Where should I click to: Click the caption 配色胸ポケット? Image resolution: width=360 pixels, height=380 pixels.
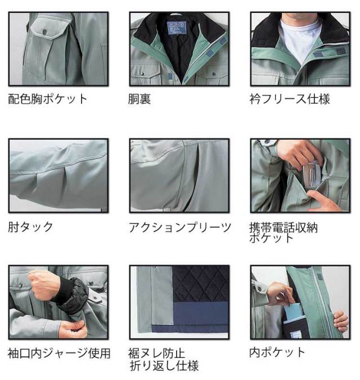47,99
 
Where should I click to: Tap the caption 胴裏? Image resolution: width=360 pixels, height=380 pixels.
139,99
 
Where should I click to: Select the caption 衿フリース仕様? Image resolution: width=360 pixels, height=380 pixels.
290,99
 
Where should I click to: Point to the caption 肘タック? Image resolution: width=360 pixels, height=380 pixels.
30,227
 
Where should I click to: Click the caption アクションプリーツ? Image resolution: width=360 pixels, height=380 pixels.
179,227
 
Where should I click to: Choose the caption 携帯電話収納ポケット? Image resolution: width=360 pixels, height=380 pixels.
283,233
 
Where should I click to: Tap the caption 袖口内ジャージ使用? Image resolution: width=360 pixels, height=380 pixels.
59,353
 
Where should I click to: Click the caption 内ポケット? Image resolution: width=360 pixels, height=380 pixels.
277,352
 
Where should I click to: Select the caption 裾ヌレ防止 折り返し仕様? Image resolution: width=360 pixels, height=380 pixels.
164,359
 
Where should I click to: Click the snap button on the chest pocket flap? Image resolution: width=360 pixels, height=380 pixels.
44,32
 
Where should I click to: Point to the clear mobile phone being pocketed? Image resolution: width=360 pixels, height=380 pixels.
312,175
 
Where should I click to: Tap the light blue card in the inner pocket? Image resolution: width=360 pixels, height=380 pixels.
292,312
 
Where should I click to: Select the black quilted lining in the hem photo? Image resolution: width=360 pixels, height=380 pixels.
201,284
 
